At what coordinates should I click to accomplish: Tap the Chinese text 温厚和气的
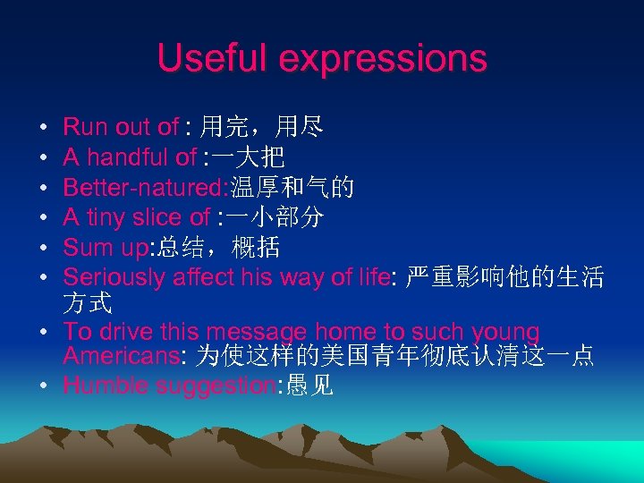coord(292,187)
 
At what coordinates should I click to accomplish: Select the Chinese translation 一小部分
coord(275,216)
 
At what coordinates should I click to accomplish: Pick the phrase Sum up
coord(99,247)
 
